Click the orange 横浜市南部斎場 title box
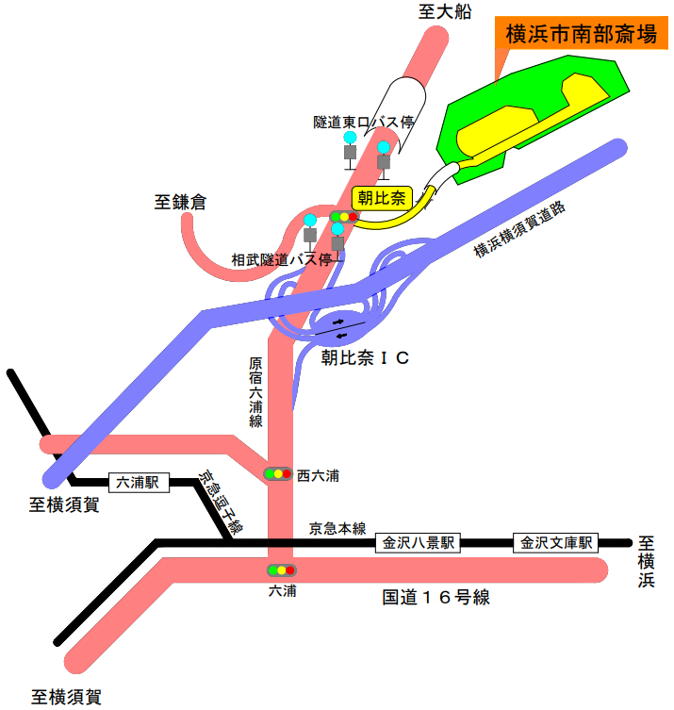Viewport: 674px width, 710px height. (581, 36)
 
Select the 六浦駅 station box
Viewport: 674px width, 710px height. (139, 483)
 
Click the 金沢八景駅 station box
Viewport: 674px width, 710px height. (418, 543)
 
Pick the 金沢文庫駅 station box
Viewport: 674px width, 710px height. (557, 543)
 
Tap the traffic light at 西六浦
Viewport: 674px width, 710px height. (278, 473)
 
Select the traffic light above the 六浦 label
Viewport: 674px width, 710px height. (281, 570)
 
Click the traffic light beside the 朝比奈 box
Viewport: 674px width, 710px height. (344, 217)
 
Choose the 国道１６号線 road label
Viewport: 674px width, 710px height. (436, 597)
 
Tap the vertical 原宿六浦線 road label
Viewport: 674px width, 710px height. (255, 392)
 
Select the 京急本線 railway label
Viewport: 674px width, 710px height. (337, 529)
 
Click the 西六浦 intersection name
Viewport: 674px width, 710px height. (317, 475)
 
